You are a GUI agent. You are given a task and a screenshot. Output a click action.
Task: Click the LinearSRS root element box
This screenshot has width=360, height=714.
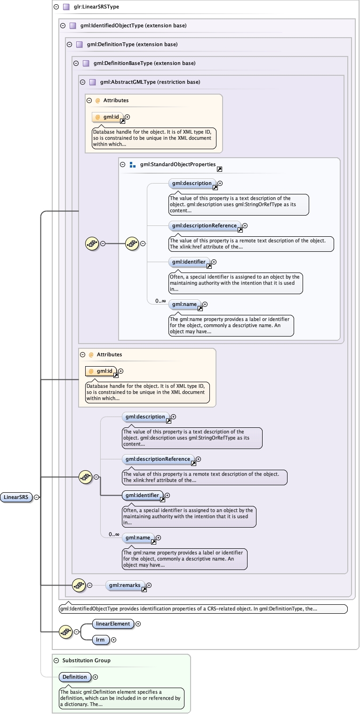tap(16, 497)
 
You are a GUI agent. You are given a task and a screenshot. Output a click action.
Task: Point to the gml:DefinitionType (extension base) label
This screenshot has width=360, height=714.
tap(132, 45)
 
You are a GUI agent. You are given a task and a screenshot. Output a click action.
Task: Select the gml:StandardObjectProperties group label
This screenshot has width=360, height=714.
tap(178, 165)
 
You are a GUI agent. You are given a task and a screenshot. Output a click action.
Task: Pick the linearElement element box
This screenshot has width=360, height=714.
tap(113, 624)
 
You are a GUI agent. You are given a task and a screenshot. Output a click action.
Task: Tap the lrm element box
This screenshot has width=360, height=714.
tap(101, 640)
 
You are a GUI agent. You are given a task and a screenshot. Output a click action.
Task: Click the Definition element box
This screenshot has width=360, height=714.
tap(75, 677)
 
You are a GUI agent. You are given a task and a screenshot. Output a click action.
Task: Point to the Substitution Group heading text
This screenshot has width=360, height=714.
tap(87, 661)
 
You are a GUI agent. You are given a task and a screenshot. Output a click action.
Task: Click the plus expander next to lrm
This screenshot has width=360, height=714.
tap(113, 640)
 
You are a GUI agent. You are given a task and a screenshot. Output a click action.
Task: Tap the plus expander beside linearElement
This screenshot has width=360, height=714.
tap(138, 624)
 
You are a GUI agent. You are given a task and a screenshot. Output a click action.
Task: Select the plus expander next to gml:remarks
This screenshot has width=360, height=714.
tap(149, 586)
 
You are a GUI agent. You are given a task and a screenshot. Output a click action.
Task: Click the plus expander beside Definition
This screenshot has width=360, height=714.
tap(96, 677)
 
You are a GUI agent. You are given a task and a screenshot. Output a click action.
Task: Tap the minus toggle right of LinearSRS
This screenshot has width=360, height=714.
tap(37, 497)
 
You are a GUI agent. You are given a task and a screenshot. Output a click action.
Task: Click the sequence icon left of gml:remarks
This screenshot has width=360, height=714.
tap(79, 586)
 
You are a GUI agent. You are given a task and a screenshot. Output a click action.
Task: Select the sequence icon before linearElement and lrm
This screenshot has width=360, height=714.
tap(65, 632)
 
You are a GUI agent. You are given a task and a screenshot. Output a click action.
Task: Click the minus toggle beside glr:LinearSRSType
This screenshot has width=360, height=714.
tap(56, 7)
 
